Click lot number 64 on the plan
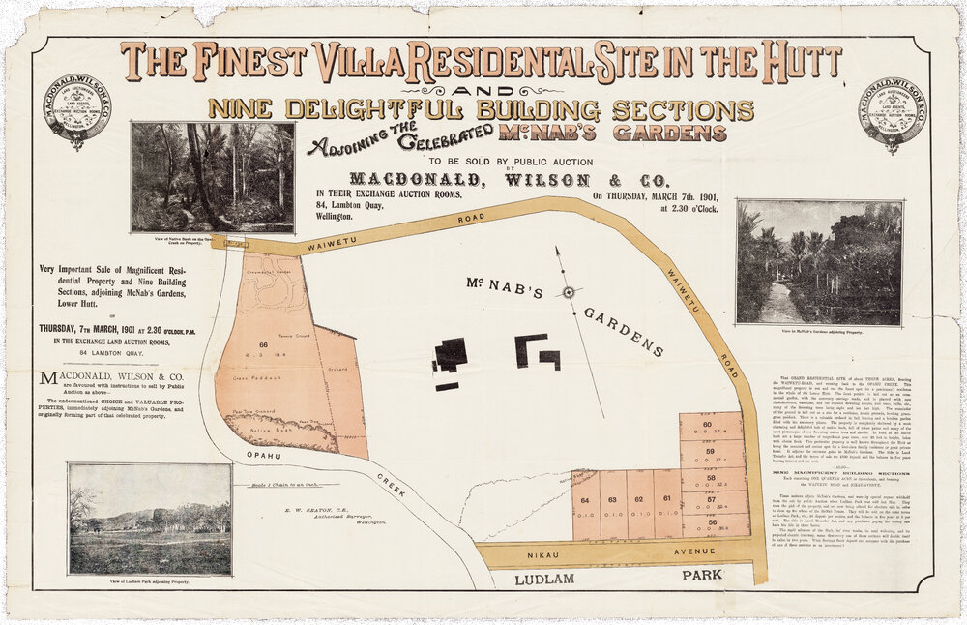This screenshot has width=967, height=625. click(585, 500)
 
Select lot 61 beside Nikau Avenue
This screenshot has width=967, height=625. click(666, 499)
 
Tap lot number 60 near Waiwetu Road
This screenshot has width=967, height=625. click(708, 426)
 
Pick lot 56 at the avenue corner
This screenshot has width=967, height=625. click(713, 522)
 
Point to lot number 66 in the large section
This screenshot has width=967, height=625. click(262, 344)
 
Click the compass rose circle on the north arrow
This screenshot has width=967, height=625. click(569, 292)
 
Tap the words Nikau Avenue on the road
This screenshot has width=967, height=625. click(612, 553)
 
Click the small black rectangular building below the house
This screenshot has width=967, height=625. click(447, 386)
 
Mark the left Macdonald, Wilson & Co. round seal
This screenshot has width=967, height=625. click(77, 110)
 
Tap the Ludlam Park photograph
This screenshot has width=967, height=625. click(150, 519)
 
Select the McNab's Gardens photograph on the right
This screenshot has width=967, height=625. click(818, 261)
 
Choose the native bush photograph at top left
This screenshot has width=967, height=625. click(213, 177)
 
